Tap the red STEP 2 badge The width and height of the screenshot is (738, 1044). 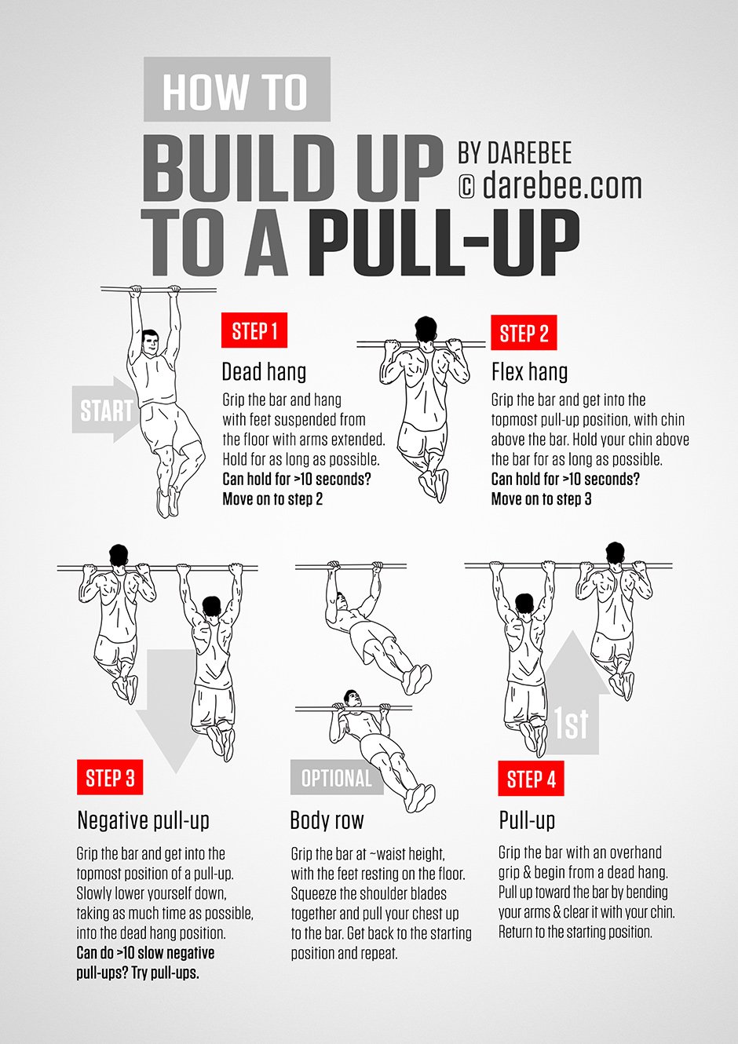(x=524, y=333)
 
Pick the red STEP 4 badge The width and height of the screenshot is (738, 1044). (x=531, y=779)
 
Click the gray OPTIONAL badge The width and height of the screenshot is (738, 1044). (x=336, y=778)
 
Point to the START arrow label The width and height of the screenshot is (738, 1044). (x=105, y=410)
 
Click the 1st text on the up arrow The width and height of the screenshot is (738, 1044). (x=571, y=723)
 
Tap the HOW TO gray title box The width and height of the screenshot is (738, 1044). (x=236, y=90)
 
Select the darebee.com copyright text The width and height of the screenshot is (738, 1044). (x=550, y=186)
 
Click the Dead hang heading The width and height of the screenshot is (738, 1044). (x=264, y=371)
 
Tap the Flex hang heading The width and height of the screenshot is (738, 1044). (x=529, y=371)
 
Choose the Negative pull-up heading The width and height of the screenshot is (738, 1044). (x=144, y=820)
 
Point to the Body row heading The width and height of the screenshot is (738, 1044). (x=327, y=820)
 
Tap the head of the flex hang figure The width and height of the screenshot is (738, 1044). (x=425, y=328)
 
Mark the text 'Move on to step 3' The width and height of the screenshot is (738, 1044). (x=541, y=499)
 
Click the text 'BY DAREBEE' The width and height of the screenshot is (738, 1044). (x=514, y=152)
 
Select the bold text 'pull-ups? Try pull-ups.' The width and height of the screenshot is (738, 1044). (x=137, y=973)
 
